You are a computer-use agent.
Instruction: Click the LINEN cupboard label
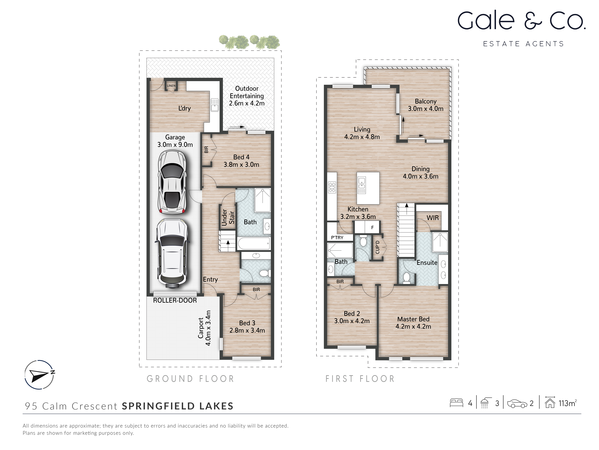click(x=171, y=86)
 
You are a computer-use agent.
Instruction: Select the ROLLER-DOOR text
click(x=175, y=300)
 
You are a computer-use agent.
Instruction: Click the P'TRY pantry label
click(x=337, y=238)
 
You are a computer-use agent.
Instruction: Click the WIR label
click(x=432, y=218)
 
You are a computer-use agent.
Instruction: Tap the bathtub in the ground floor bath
click(x=254, y=243)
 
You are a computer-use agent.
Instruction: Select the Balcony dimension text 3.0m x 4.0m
click(x=426, y=109)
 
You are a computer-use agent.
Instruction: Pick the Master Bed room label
click(x=413, y=319)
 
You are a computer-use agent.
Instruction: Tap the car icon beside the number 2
click(x=517, y=404)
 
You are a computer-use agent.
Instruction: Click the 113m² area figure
click(x=567, y=403)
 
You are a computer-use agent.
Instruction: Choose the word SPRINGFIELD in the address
click(x=158, y=406)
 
